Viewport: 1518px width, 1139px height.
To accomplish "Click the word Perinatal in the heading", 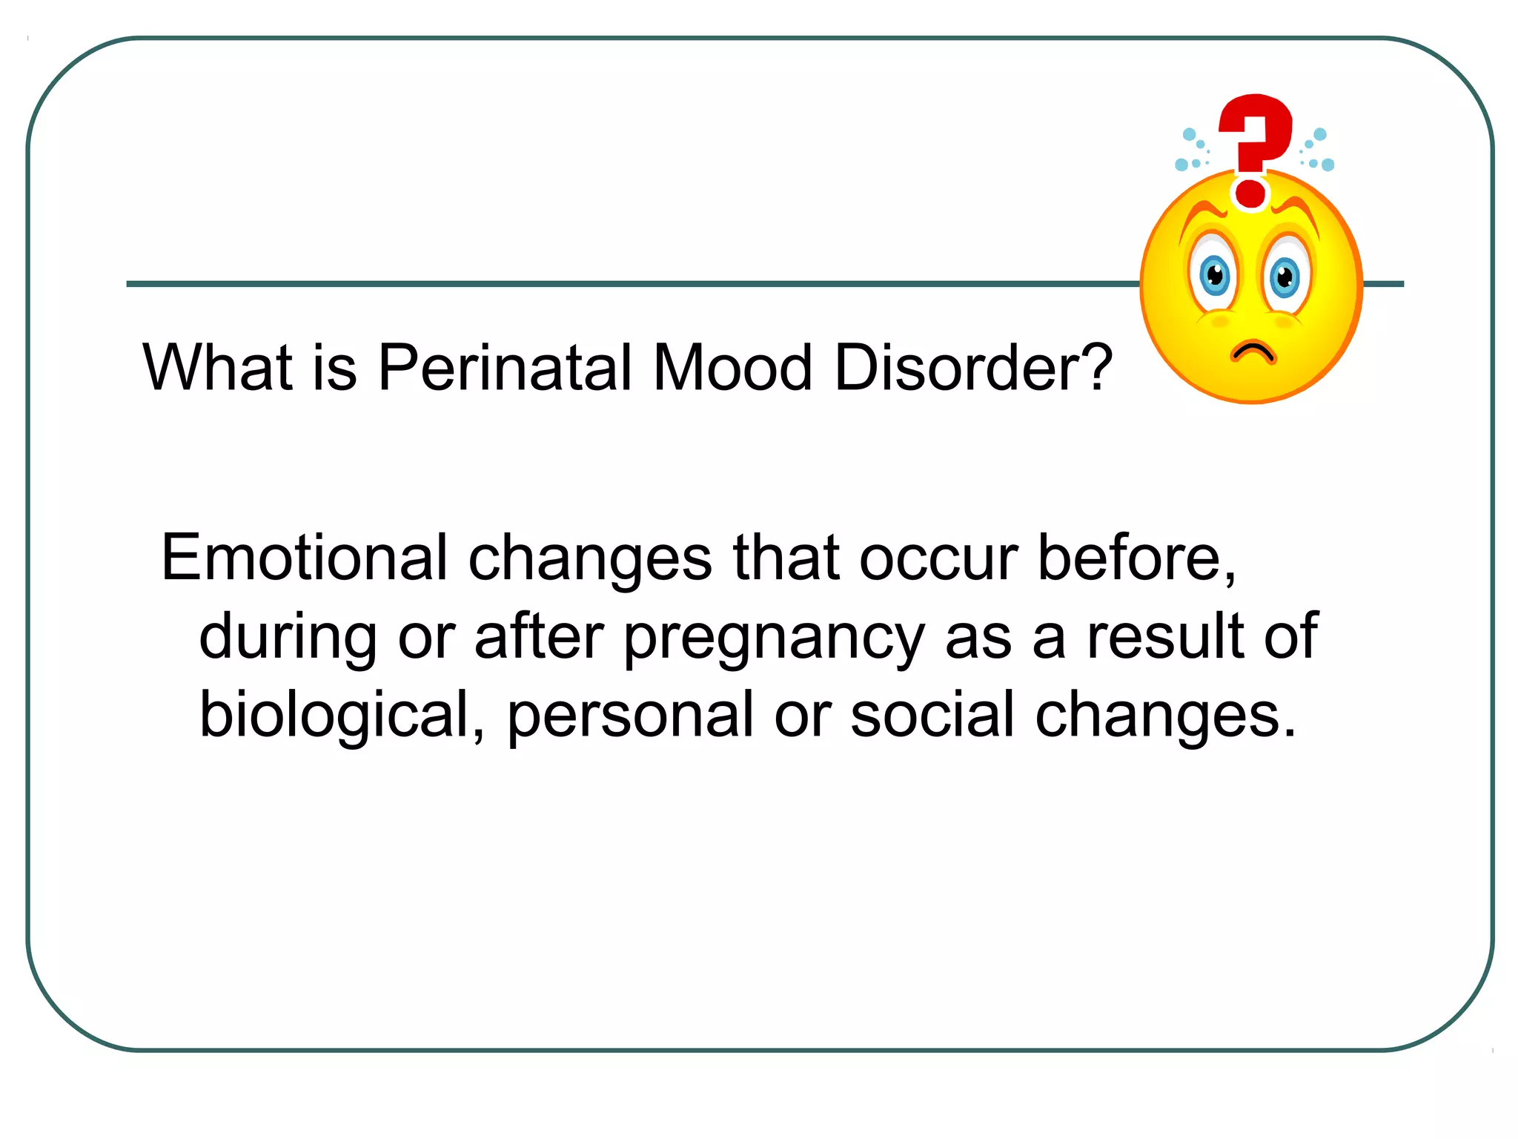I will (505, 368).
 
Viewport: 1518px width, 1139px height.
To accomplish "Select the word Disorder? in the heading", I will (973, 368).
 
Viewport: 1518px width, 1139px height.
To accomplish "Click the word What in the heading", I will (217, 368).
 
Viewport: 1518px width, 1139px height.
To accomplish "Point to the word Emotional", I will (304, 558).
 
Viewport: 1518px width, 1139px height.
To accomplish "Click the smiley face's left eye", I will (1213, 276).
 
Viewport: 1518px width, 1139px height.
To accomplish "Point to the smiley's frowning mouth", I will (1253, 351).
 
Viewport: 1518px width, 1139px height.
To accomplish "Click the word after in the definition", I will (539, 636).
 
